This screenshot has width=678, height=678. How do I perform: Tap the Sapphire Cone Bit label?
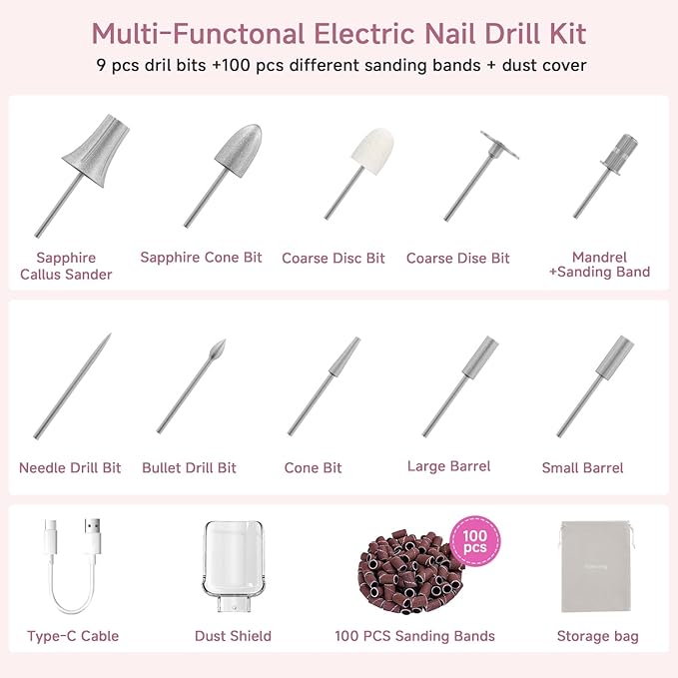201,258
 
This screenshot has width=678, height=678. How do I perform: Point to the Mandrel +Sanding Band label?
599,265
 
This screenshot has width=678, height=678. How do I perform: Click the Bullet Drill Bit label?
189,467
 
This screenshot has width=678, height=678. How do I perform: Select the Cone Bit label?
313,467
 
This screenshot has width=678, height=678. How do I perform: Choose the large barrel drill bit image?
460,385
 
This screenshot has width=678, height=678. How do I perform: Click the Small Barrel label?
582,467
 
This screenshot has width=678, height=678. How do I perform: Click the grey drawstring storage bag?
597,568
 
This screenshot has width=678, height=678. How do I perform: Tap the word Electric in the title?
353,33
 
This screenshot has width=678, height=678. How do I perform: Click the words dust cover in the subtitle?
546,67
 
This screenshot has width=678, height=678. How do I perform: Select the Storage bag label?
597,636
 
